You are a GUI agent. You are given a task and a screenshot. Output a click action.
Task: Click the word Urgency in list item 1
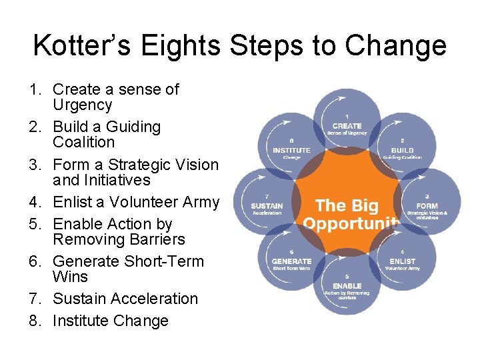[83, 105]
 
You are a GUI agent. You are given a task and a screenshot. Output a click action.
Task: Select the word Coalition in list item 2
[84, 142]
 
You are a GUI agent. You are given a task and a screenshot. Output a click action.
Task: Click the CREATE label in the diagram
[347, 125]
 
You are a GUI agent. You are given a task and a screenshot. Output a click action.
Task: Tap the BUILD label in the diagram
[402, 150]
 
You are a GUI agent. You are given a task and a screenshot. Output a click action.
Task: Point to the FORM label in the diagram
[427, 206]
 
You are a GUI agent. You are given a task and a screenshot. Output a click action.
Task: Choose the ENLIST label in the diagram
[402, 261]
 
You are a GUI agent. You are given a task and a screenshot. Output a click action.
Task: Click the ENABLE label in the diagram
[347, 286]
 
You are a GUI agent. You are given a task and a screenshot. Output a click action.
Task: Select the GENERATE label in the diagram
[291, 261]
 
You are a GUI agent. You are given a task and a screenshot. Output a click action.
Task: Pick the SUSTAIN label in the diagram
[267, 206]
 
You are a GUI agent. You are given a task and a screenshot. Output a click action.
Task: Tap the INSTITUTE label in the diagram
[291, 150]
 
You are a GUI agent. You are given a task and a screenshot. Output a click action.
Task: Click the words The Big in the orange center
[347, 206]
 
